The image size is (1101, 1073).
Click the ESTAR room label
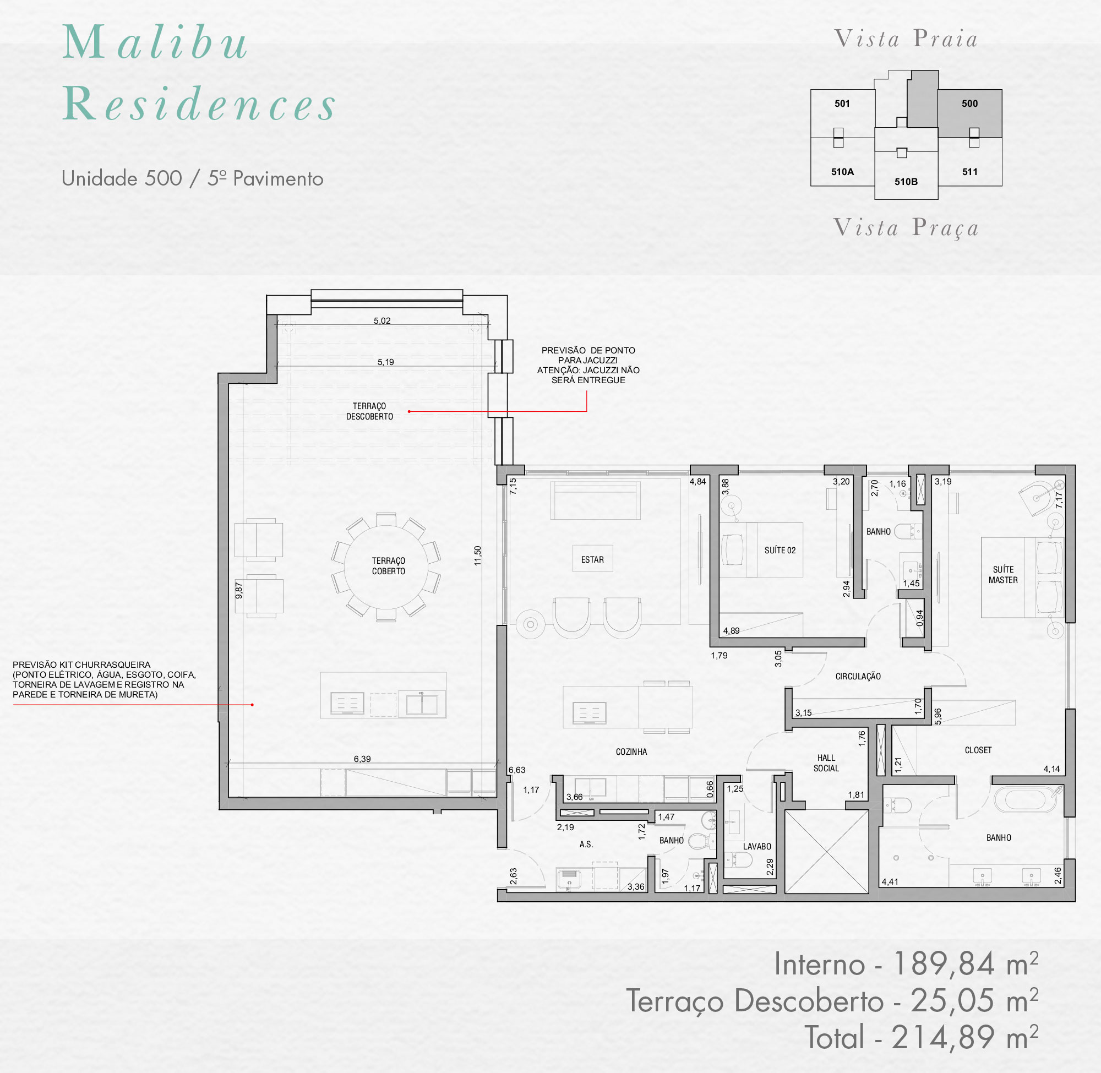click(x=592, y=559)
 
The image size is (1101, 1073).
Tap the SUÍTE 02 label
click(x=780, y=550)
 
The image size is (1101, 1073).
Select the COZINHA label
click(x=631, y=752)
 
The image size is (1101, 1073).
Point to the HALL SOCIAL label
click(x=826, y=763)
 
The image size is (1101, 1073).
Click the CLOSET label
click(x=978, y=750)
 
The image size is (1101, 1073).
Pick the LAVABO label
click(x=757, y=846)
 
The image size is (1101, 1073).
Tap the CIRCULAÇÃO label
click(x=858, y=676)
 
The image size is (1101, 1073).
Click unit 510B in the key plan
click(x=906, y=182)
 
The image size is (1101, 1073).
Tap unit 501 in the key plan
click(x=842, y=104)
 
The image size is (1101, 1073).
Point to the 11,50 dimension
click(x=478, y=555)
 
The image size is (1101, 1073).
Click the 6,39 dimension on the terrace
click(x=362, y=759)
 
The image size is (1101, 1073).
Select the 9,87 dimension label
click(x=239, y=591)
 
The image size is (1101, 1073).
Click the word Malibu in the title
click(x=155, y=42)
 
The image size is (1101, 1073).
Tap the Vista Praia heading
click(x=906, y=39)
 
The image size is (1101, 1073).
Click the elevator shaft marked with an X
click(x=827, y=852)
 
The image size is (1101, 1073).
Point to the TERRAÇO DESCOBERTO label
click(x=369, y=411)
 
